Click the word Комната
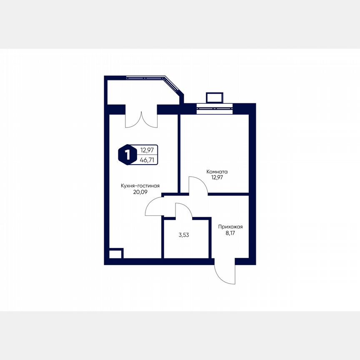[217, 171]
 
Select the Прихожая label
[230, 227]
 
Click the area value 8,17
[230, 234]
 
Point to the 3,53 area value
[184, 235]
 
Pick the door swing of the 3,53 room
[183, 210]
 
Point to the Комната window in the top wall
[214, 108]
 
